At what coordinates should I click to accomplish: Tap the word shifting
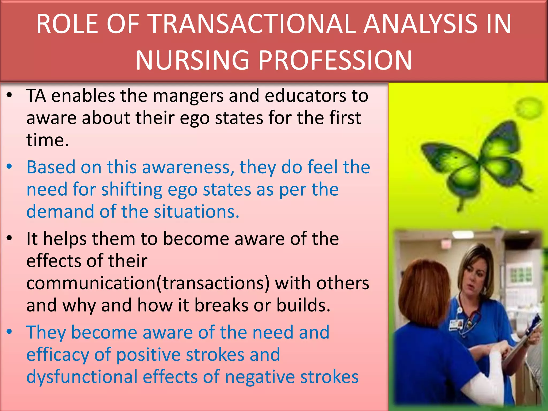coord(132,190)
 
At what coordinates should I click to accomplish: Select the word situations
coord(196,212)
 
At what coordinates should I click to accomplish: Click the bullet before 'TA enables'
coord(10,95)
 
